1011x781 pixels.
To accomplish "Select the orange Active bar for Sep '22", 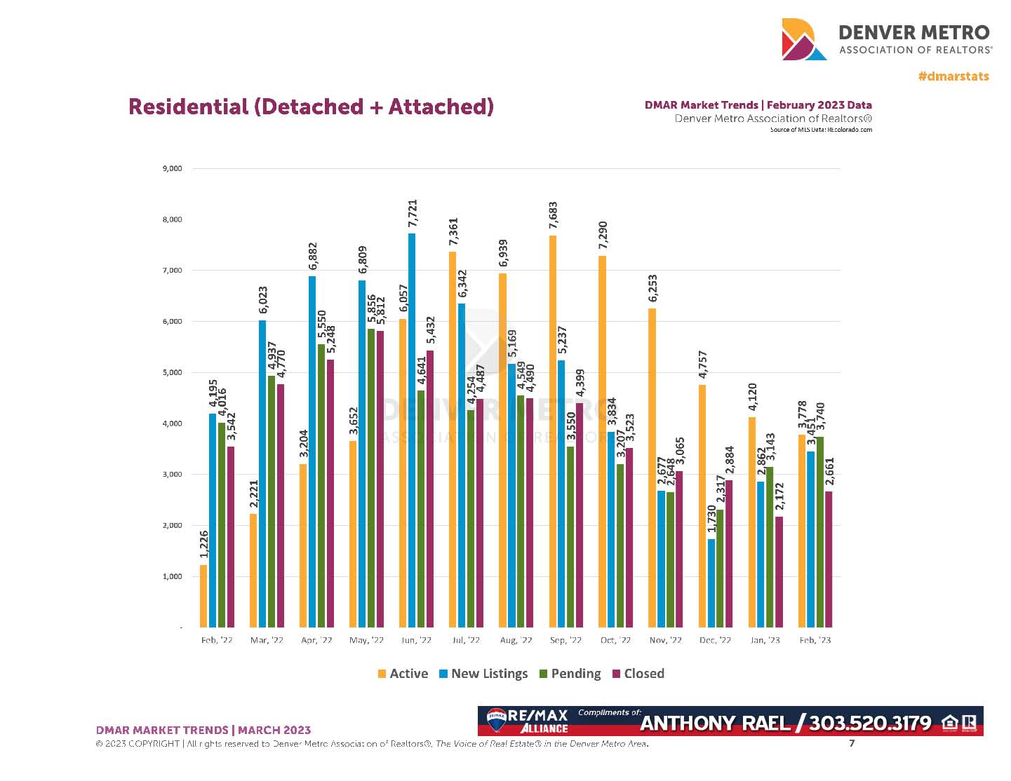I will tap(553, 431).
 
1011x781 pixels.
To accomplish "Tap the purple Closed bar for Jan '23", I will tap(779, 571).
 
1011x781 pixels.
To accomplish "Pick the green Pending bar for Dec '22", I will tap(721, 568).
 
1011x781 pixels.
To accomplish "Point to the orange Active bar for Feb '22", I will tap(203, 596).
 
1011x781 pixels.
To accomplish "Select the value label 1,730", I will tap(711, 519).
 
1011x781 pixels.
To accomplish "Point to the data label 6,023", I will tap(263, 300).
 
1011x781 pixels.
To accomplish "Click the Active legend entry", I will tap(403, 674).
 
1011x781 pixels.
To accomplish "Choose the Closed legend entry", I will tap(638, 674).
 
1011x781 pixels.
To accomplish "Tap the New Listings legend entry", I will tap(483, 674).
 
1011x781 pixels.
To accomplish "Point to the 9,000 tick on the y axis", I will tap(172, 169).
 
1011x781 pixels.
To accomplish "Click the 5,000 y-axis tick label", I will tap(172, 373).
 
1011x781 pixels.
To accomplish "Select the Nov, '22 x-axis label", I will tap(665, 640).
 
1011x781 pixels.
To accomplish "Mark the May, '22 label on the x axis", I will tap(366, 640).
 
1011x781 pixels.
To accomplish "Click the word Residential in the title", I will tap(188, 107).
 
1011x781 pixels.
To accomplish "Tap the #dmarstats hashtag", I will tap(953, 76).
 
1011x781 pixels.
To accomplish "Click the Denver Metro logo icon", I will tap(803, 39).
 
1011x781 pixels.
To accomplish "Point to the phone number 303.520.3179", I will tap(870, 723).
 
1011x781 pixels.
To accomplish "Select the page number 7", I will tap(852, 743).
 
